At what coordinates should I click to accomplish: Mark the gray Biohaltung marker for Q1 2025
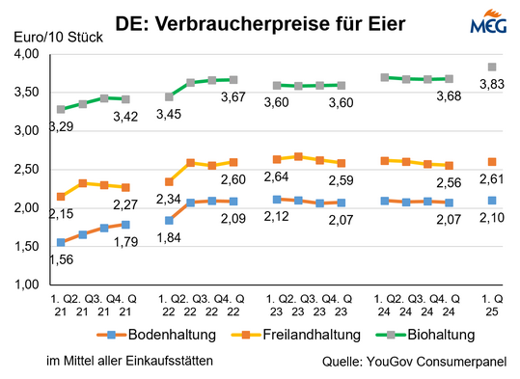(x=492, y=67)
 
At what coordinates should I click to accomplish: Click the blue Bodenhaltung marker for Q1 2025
(x=492, y=201)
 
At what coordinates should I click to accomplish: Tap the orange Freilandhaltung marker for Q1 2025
(x=492, y=162)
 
